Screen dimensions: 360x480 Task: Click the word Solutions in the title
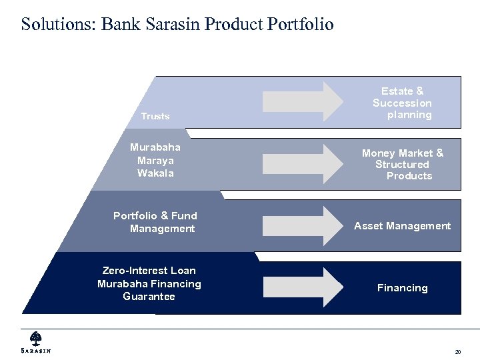(x=58, y=25)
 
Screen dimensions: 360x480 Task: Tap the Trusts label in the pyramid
(x=155, y=116)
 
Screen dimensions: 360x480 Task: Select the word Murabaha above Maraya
(x=155, y=147)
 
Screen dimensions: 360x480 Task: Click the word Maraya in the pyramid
(x=155, y=160)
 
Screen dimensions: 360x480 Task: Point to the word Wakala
(x=155, y=173)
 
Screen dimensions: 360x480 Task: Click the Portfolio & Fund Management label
(x=155, y=222)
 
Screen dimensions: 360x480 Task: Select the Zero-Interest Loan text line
(x=149, y=271)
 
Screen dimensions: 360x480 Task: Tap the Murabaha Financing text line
(x=149, y=284)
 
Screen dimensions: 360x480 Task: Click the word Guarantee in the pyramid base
(x=149, y=297)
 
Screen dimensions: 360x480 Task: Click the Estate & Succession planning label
(x=403, y=103)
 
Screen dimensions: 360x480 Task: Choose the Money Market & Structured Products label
(x=403, y=164)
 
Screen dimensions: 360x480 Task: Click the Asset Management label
(x=403, y=226)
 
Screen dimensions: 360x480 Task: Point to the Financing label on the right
(x=403, y=288)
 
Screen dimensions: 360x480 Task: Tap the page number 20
(x=457, y=352)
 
